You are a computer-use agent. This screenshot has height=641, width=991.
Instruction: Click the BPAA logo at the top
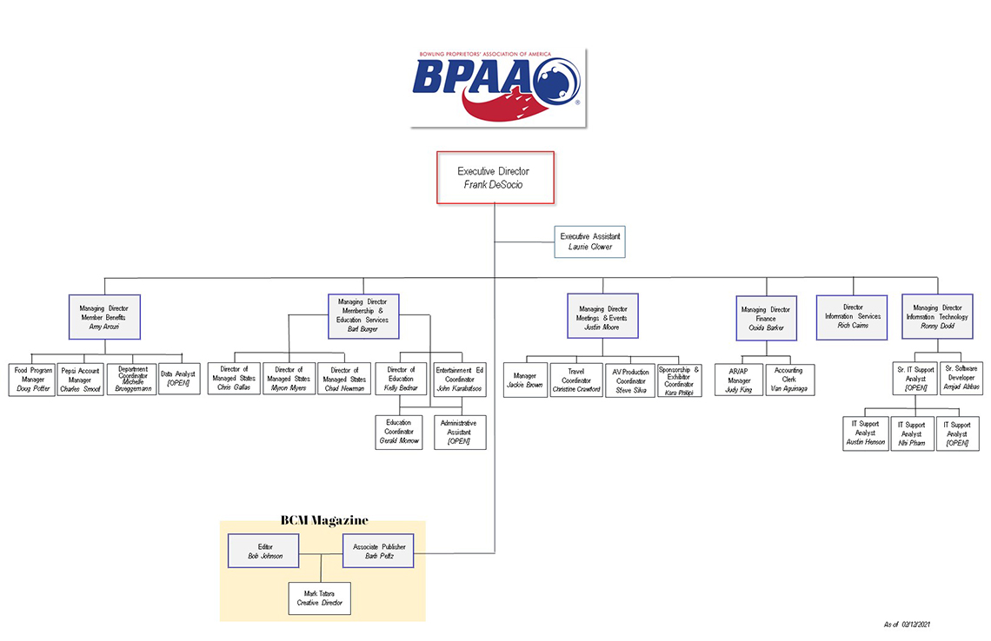[x=497, y=87]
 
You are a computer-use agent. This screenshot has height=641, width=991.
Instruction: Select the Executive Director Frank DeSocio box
[x=495, y=178]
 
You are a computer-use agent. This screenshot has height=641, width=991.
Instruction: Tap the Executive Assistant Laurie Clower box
[x=589, y=241]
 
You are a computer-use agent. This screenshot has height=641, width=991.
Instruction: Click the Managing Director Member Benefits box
[x=104, y=316]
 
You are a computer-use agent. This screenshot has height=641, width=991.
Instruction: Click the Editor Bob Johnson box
[x=264, y=551]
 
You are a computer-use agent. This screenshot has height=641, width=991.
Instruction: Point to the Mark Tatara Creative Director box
[x=320, y=598]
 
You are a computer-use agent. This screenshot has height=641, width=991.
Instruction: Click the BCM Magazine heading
[x=323, y=520]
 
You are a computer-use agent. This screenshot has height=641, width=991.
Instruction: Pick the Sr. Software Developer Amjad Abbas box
[x=961, y=379]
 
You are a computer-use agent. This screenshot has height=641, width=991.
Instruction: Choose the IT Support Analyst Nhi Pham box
[x=911, y=433]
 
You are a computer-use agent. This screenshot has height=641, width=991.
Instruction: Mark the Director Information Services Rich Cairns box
[x=853, y=317]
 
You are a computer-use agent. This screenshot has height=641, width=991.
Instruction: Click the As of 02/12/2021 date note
[x=908, y=624]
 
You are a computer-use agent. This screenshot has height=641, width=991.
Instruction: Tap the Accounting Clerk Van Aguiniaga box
[x=788, y=380]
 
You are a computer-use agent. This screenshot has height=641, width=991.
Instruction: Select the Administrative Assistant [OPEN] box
[x=459, y=432]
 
